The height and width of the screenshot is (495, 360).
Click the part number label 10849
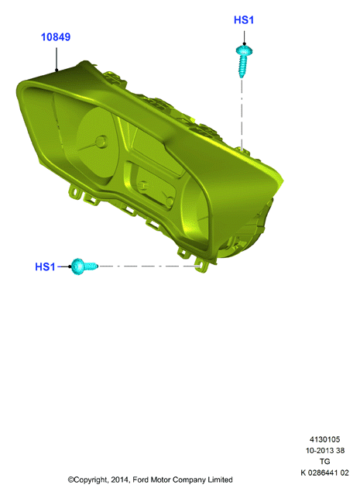56,37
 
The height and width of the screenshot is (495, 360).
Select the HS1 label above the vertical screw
244,20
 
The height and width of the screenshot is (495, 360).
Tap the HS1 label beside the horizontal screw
45,266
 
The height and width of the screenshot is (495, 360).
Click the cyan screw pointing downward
244,61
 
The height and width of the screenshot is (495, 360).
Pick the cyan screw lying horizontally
84,266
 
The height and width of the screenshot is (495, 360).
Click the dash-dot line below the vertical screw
242,115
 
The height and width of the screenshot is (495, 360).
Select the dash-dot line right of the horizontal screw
149,266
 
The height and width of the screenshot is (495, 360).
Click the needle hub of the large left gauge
101,142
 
